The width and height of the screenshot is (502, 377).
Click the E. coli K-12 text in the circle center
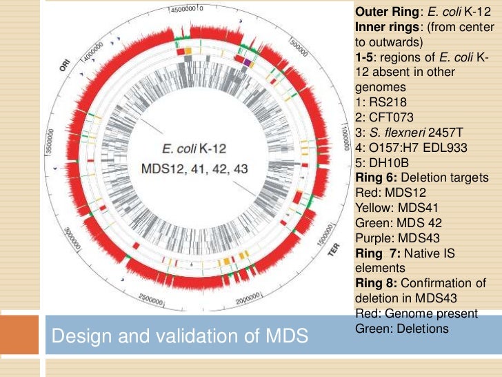click(x=194, y=148)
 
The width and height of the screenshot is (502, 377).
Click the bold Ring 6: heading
click(x=377, y=177)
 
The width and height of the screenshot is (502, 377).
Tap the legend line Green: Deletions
click(x=401, y=328)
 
